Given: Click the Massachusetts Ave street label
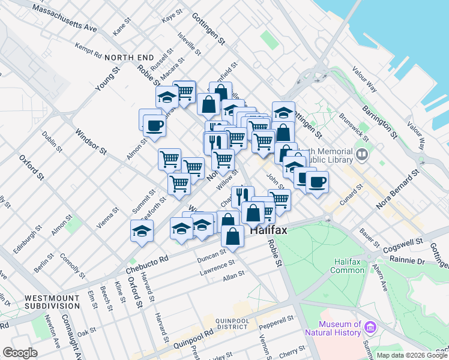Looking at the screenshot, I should point(65,19).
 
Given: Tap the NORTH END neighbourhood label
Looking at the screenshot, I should point(125,57).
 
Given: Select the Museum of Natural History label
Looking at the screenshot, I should point(333,328).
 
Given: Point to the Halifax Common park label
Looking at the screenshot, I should point(348,265).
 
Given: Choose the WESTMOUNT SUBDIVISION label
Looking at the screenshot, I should point(49,302).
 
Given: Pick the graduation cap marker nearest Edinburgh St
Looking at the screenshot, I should point(142,232).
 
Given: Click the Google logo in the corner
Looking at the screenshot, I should point(20,353).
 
